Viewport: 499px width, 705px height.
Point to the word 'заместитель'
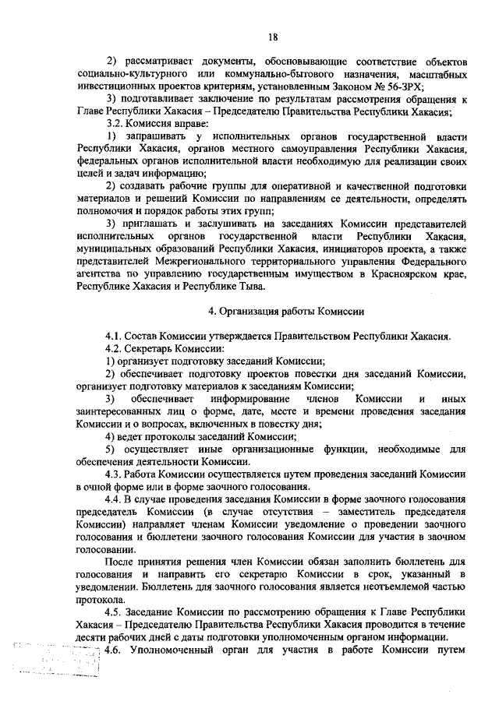pyautogui.click(x=361, y=512)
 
